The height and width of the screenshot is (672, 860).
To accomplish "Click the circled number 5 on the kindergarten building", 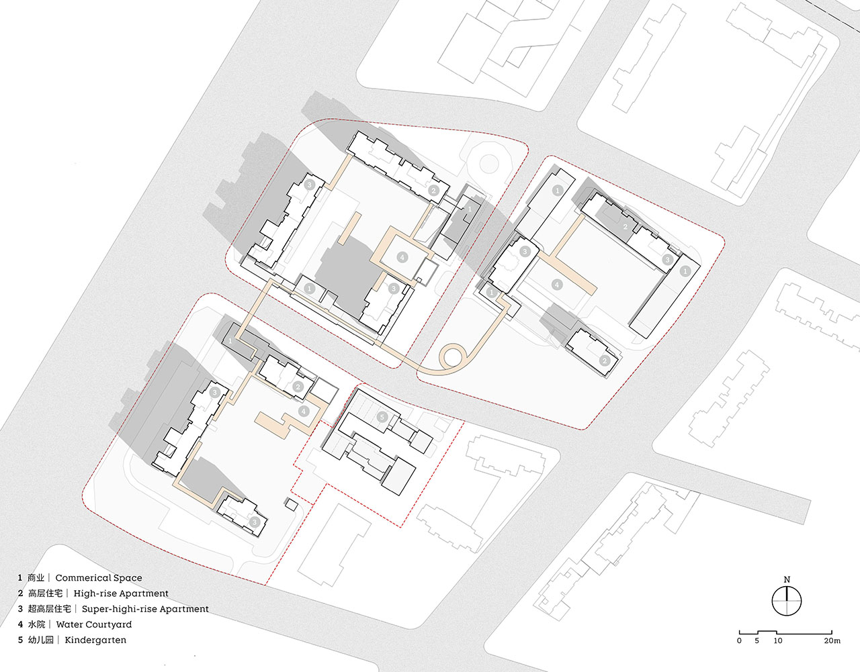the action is pos(382,417).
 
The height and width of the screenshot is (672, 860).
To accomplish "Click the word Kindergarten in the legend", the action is pos(95,640).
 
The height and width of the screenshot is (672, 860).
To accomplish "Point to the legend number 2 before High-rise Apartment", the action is pos(20,593).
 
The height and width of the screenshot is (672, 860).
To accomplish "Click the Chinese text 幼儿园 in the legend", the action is pos(40,640).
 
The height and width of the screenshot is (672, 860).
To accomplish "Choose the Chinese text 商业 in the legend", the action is pos(36,578).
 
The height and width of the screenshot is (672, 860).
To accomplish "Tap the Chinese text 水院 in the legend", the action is pos(36,624).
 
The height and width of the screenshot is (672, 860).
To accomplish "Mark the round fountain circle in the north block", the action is pos(488,163).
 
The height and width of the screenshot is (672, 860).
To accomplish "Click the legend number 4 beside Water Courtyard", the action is pos(20,624).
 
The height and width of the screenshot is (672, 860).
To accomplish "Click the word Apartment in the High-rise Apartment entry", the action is pos(143,593).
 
